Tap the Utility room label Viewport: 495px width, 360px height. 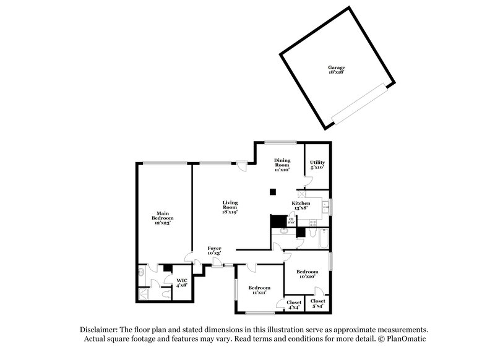click(x=317, y=165)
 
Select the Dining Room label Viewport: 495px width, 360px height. click(x=282, y=165)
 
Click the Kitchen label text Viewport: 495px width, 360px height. click(x=301, y=205)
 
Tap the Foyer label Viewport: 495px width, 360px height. click(x=214, y=251)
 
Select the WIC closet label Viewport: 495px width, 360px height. click(x=181, y=283)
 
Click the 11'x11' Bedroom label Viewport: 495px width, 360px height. click(x=259, y=290)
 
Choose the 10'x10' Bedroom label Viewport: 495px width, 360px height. click(x=307, y=274)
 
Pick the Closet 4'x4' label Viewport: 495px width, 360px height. click(x=294, y=304)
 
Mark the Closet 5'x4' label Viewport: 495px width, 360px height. click(x=318, y=304)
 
